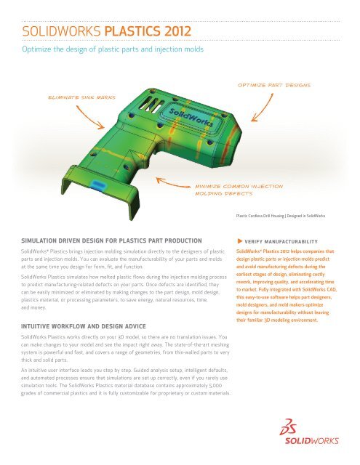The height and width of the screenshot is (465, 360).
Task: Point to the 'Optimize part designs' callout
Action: coord(270,84)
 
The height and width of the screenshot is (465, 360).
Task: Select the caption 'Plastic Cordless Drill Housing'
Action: coord(263,217)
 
